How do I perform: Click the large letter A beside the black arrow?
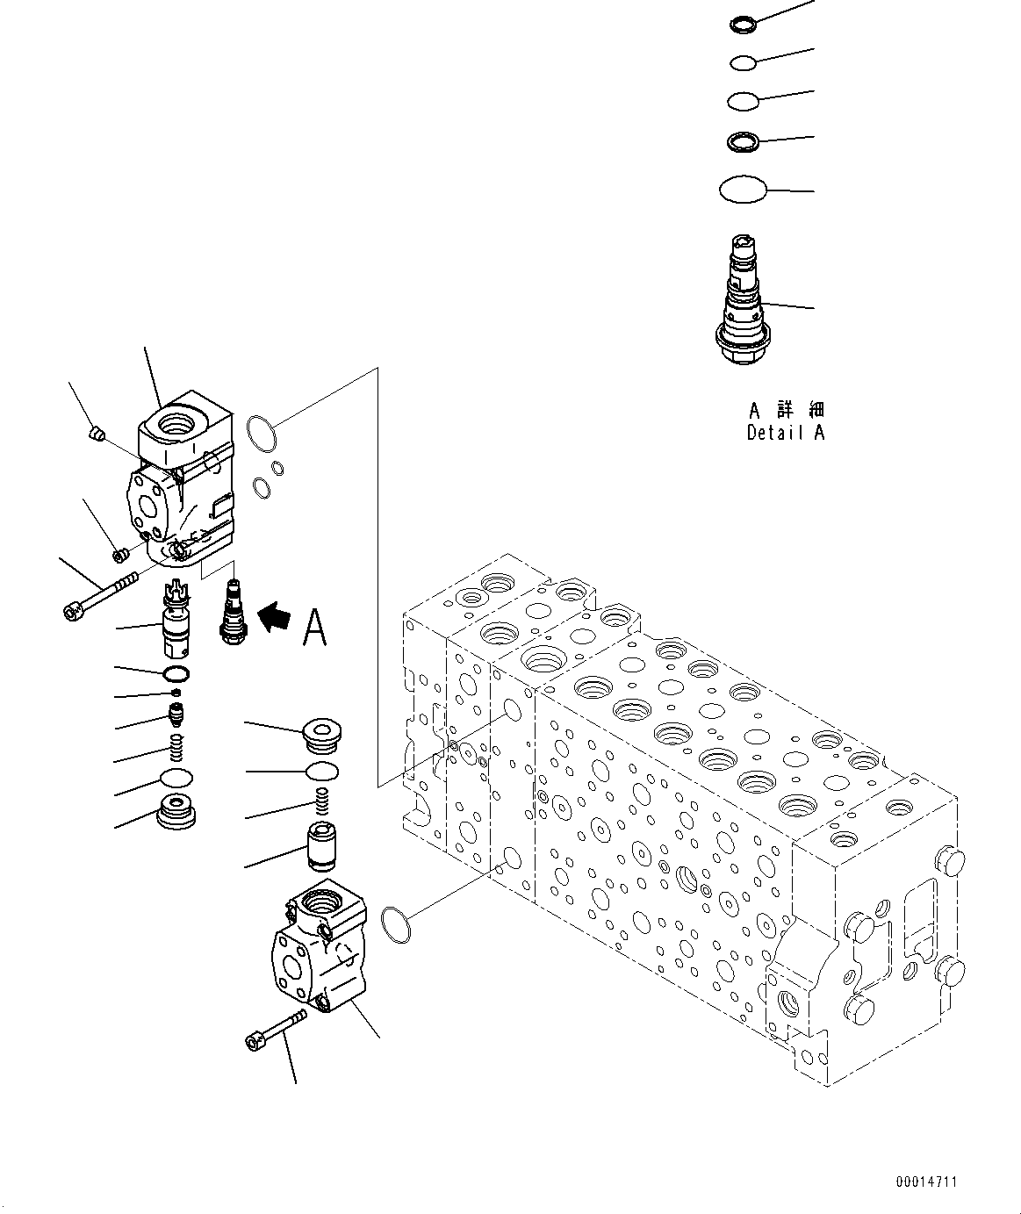point(313,626)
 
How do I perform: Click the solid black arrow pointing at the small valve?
point(274,616)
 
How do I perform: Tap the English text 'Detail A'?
point(786,432)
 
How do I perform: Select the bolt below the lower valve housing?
point(275,1029)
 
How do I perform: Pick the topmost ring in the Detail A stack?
point(742,25)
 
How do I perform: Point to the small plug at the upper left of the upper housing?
point(98,432)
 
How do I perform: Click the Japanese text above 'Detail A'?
point(787,409)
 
